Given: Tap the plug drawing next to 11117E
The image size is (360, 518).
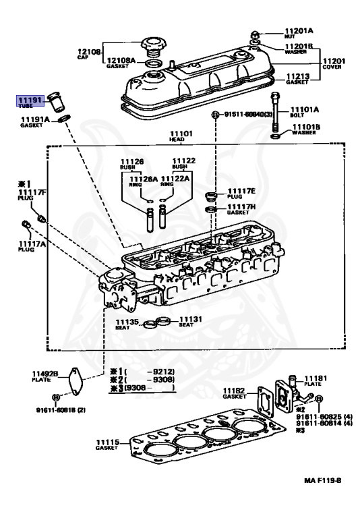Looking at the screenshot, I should pyautogui.click(x=210, y=197).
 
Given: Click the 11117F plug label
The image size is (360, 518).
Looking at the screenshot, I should pyautogui.click(x=32, y=194).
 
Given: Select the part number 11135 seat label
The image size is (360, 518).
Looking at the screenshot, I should pyautogui.click(x=127, y=322).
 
